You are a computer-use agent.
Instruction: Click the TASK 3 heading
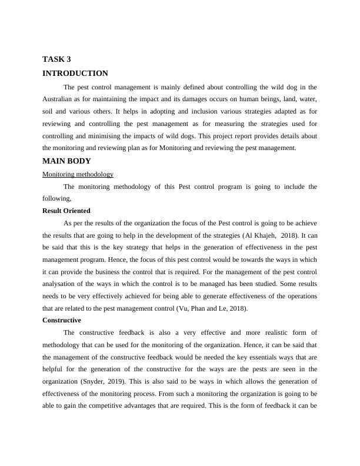(57, 59)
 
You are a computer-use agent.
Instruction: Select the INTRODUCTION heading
(75, 74)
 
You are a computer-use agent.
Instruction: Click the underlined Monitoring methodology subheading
(78, 174)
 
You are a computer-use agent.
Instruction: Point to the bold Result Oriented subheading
(66, 211)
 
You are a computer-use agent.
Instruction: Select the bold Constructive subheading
(62, 320)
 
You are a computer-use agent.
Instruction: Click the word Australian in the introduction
(61, 99)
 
